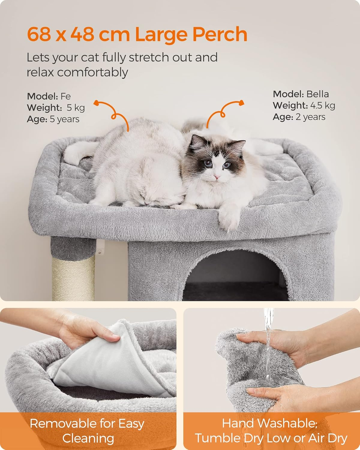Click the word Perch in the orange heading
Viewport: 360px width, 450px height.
220,34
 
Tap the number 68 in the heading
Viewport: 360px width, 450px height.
39,34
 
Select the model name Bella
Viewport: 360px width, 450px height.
317,94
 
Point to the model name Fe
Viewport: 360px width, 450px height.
65,96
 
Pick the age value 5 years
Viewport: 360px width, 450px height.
64,119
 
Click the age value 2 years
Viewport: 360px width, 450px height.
310,117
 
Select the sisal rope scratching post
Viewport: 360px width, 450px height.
73,278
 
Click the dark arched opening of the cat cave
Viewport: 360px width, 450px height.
235,276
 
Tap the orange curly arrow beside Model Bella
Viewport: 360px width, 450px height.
224,112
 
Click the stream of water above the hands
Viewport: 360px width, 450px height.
268,343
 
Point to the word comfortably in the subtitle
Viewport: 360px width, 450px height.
92,73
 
